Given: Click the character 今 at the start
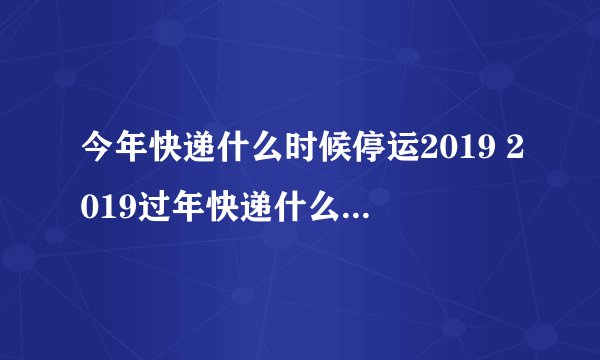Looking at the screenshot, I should pos(99,149).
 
